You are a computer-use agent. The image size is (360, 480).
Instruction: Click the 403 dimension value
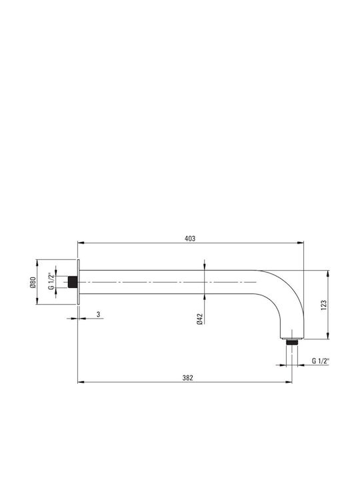pyautogui.click(x=190, y=239)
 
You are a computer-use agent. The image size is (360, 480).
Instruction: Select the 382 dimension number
pyautogui.click(x=187, y=378)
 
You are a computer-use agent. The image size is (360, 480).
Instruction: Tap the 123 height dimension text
pyautogui.click(x=324, y=305)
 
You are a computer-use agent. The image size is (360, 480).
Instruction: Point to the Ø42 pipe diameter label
pyautogui.click(x=200, y=319)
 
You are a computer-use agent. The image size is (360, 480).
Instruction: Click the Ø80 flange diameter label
pyautogui.click(x=33, y=282)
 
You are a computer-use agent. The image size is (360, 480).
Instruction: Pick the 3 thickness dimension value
pyautogui.click(x=98, y=315)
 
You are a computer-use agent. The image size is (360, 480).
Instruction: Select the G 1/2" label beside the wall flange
pyautogui.click(x=51, y=281)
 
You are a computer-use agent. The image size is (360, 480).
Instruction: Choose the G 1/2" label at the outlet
pyautogui.click(x=321, y=361)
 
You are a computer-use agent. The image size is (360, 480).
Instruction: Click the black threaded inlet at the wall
pyautogui.click(x=72, y=282)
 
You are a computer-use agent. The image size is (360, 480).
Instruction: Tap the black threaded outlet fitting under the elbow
pyautogui.click(x=292, y=341)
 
